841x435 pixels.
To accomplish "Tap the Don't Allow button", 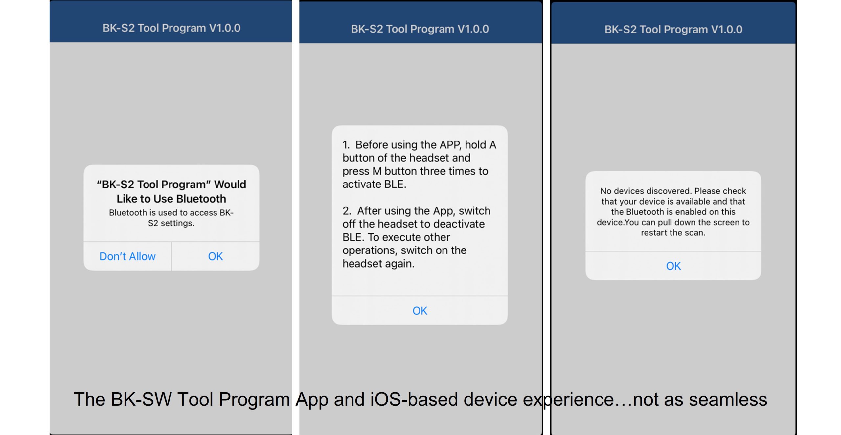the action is tap(127, 256).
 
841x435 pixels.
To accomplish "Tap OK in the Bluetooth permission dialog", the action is tap(216, 256).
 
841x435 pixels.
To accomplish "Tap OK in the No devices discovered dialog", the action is tap(673, 266).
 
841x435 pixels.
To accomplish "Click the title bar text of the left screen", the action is tap(171, 28).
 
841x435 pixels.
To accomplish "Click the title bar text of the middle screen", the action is tap(420, 29).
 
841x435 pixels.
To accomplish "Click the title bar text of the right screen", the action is tap(673, 29).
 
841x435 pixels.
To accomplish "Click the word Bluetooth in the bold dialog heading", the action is tap(201, 199).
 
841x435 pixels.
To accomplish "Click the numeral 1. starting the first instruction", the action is tap(346, 145).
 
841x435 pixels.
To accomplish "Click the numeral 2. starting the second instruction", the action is tap(347, 211).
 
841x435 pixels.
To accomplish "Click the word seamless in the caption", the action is tap(728, 400).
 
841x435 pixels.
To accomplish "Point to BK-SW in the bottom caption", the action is tap(141, 400).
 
